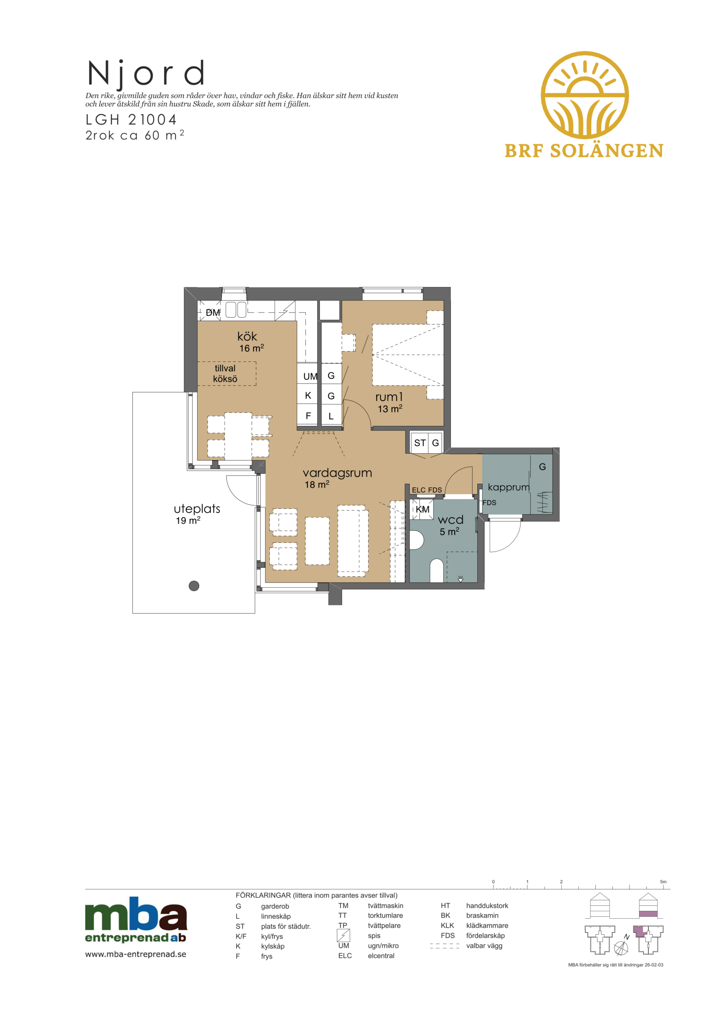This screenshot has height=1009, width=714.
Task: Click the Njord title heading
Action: pyautogui.click(x=146, y=73)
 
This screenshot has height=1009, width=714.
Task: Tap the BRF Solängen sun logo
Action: pyautogui.click(x=584, y=95)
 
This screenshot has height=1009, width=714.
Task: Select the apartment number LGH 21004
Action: pyautogui.click(x=131, y=119)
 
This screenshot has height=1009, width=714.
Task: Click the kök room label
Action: pyautogui.click(x=247, y=337)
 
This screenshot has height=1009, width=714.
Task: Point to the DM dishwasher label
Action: pyautogui.click(x=213, y=313)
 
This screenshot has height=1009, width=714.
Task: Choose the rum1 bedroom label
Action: pyautogui.click(x=389, y=397)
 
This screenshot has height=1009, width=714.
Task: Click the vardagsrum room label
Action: pyautogui.click(x=337, y=473)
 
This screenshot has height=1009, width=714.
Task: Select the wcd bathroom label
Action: pyautogui.click(x=450, y=520)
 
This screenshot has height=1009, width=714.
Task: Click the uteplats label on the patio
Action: pyautogui.click(x=197, y=509)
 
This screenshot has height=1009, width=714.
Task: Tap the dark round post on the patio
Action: pyautogui.click(x=194, y=586)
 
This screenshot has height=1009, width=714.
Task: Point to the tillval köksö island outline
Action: pyautogui.click(x=226, y=374)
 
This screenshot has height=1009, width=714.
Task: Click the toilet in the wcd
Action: pyautogui.click(x=436, y=570)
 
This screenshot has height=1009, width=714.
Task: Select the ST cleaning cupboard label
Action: pyautogui.click(x=420, y=443)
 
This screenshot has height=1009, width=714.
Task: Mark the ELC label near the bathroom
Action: pyautogui.click(x=419, y=490)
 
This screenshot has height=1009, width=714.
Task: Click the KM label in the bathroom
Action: pyautogui.click(x=422, y=509)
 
